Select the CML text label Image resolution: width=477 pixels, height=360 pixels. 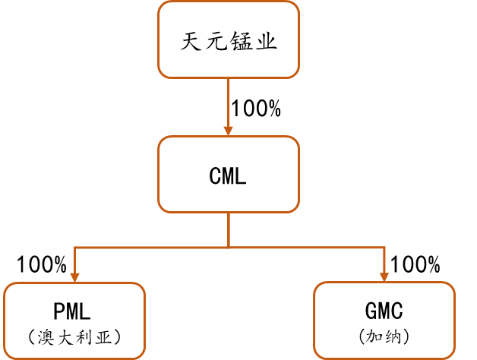229,176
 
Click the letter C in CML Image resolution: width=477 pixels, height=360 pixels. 216,176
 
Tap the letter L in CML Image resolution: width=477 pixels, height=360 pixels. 241,176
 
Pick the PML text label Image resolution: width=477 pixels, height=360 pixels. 73,311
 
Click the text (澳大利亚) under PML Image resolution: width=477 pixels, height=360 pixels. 74,336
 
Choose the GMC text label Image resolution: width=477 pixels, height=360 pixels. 384,311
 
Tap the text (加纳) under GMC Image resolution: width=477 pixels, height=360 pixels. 384,336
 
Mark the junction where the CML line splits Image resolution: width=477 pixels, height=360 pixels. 229,247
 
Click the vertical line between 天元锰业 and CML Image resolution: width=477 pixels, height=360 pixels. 229,99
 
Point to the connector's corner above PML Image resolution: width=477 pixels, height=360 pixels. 74,247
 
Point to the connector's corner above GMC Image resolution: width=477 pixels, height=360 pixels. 384,247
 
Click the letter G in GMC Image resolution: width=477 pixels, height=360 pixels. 371,311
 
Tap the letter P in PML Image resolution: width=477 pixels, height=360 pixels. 60,311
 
